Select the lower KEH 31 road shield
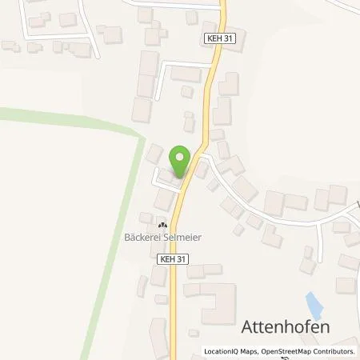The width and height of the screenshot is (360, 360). tap(173, 259)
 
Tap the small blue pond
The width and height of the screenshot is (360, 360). tap(314, 304)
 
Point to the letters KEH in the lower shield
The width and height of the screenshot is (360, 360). tap(168, 259)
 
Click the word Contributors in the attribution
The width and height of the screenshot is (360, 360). tap(334, 351)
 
